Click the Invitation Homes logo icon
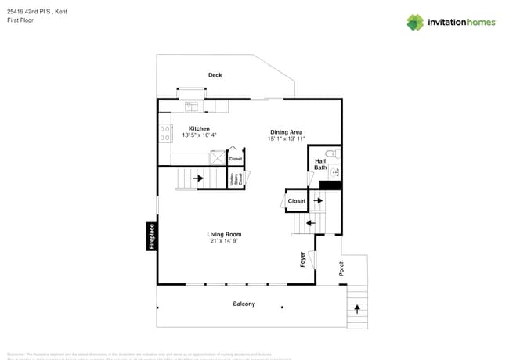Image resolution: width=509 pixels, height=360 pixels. coord(415,22)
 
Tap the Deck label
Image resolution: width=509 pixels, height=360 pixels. coord(215,75)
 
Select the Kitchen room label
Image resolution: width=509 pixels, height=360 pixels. coord(199,128)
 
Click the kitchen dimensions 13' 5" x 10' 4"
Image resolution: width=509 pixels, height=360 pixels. coord(199,135)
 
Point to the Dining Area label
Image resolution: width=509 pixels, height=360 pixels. coord(287,132)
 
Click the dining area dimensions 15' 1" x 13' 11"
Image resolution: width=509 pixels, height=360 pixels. coord(287,139)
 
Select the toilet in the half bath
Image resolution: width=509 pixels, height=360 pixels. coord(330,153)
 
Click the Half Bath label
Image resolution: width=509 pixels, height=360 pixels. coord(320,164)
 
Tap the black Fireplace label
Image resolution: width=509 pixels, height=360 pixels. coord(152,236)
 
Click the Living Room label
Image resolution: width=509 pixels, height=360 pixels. coord(224,234)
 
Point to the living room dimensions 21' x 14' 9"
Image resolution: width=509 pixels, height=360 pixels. coord(224,241)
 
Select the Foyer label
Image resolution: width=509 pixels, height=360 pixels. coord(303,260)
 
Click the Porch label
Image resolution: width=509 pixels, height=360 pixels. coord(341,268)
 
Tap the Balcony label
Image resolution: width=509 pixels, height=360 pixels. coord(244,304)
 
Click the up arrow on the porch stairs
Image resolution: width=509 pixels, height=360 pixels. coord(357,309)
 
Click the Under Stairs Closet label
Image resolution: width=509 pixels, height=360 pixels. coord(234,178)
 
